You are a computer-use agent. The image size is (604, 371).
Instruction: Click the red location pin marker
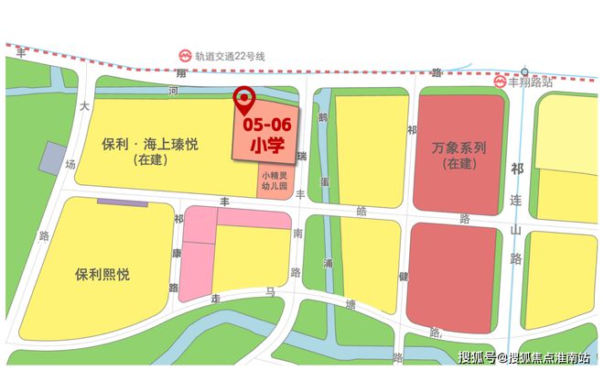(x=244, y=98)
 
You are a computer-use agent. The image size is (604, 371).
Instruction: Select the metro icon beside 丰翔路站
(x=500, y=82)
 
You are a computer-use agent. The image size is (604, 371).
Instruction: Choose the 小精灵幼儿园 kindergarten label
(x=275, y=181)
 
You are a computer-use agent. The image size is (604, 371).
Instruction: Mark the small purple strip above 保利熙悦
(x=117, y=202)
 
